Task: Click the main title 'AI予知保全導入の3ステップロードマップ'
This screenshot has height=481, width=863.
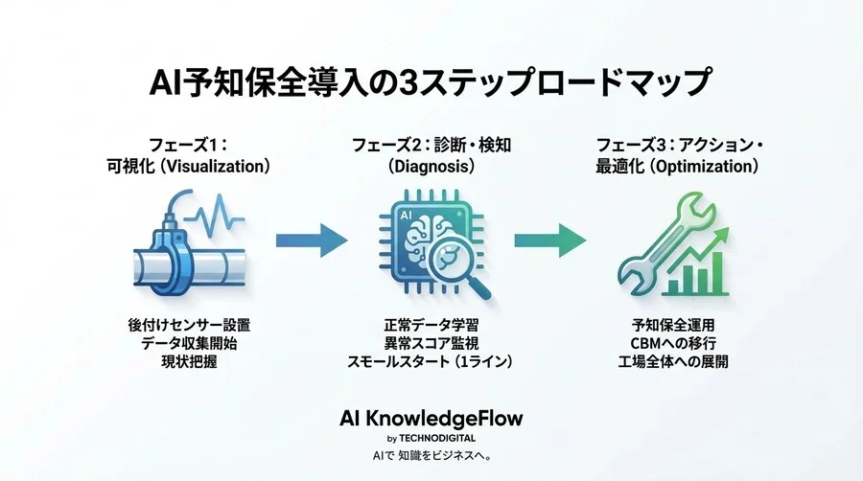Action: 431,82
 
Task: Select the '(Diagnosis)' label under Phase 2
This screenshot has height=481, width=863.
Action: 431,167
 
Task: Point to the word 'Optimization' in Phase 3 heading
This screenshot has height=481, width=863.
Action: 702,167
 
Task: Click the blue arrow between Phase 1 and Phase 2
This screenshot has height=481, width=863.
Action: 311,240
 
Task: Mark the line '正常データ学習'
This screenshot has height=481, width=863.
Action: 431,325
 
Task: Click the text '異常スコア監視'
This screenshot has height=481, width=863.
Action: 431,343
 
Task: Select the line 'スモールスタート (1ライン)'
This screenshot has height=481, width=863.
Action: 431,361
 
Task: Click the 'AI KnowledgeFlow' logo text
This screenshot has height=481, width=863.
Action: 431,419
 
